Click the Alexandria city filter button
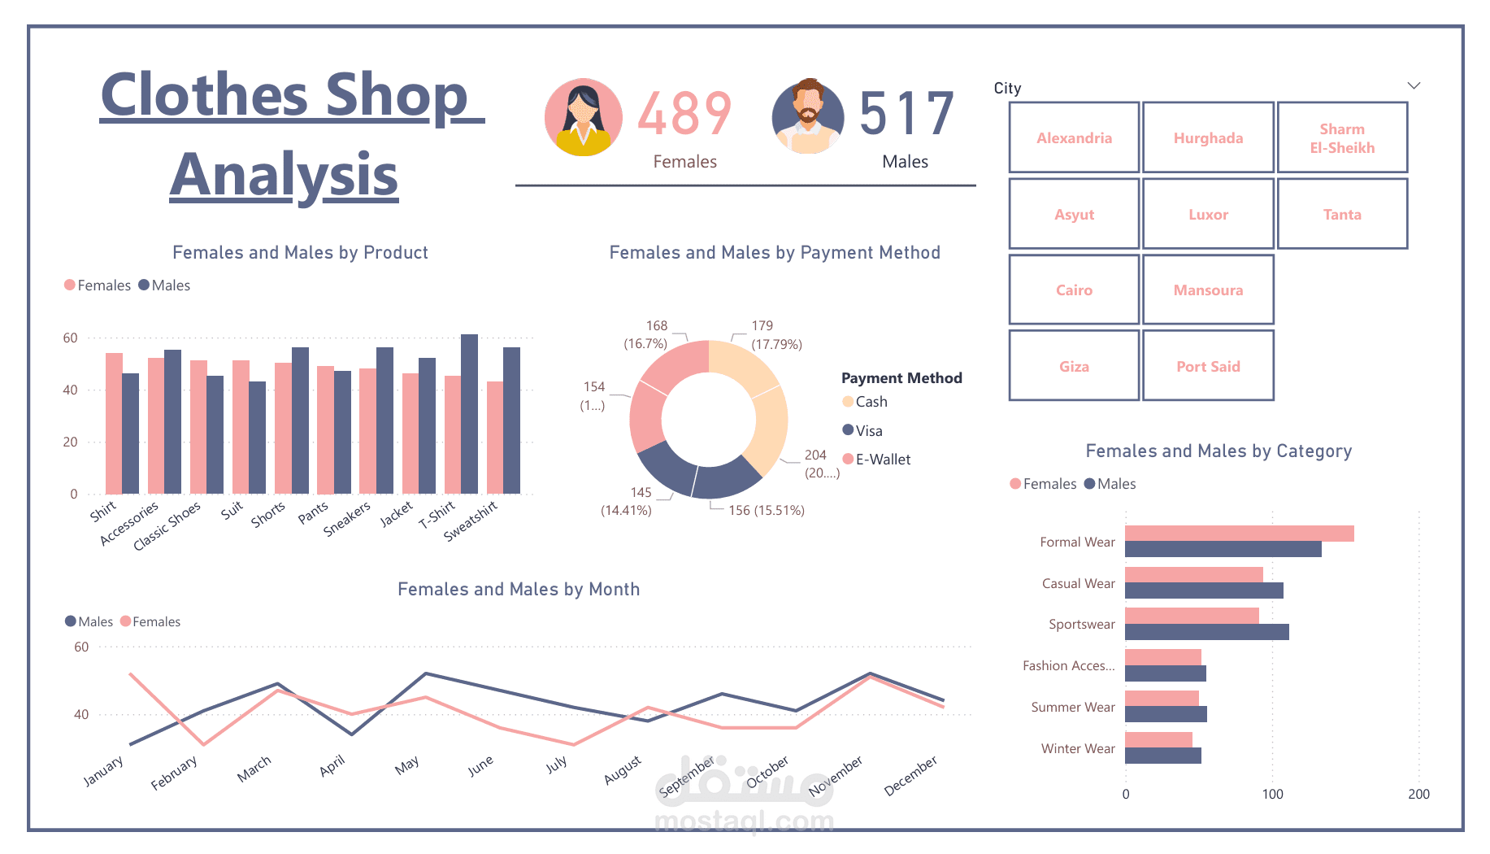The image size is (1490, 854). [x=1073, y=137]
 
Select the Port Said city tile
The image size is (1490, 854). [x=1207, y=366]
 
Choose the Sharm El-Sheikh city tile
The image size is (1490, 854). [x=1341, y=137]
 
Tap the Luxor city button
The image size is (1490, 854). [x=1207, y=214]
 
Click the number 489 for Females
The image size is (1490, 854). [x=684, y=114]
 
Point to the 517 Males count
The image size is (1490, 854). [x=906, y=114]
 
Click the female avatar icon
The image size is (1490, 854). [x=583, y=117]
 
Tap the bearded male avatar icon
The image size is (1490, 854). [x=808, y=117]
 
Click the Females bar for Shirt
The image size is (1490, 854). [x=114, y=423]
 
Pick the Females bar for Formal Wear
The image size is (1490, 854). [x=1239, y=534]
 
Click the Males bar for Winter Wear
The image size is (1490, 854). [x=1162, y=756]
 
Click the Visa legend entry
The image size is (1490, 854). [x=868, y=431]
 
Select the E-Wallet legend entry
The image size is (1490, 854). [x=882, y=460]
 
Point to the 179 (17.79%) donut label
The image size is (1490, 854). [x=775, y=334]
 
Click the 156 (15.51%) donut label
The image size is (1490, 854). [x=766, y=510]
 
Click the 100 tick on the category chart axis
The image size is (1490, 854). [x=1272, y=794]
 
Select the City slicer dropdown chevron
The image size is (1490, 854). [x=1414, y=85]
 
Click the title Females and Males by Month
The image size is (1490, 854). [x=519, y=589]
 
